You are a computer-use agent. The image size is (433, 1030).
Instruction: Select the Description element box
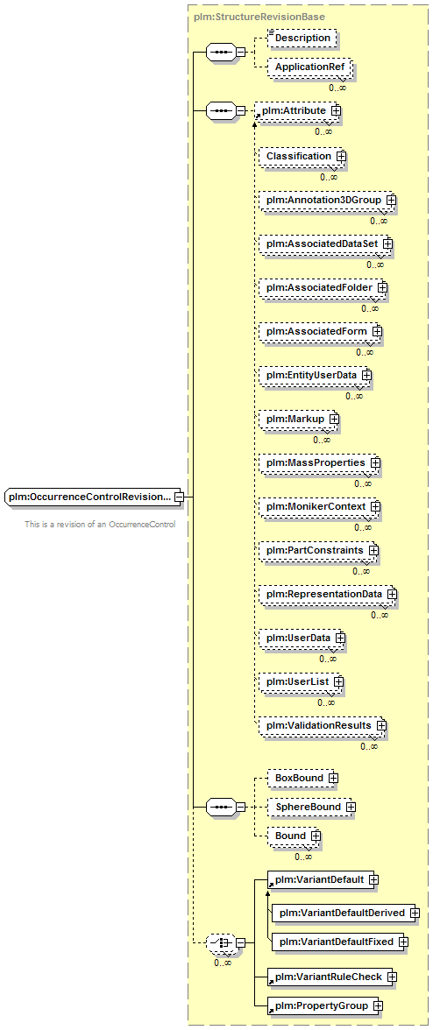302,39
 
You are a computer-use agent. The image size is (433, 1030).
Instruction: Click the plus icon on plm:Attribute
336,111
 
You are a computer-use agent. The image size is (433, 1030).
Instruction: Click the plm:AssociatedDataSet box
325,243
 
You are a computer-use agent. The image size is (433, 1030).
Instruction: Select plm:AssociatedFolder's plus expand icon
382,287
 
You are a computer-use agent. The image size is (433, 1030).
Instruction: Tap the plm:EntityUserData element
315,375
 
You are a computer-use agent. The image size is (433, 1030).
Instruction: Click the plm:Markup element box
298,419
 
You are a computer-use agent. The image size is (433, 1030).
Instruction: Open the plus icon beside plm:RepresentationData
392,594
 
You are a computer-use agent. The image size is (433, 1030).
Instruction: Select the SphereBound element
311,807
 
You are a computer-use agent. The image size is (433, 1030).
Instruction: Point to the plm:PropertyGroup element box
325,1005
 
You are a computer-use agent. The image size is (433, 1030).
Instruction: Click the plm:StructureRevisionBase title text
259,15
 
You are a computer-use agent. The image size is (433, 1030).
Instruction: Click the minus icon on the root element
179,497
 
